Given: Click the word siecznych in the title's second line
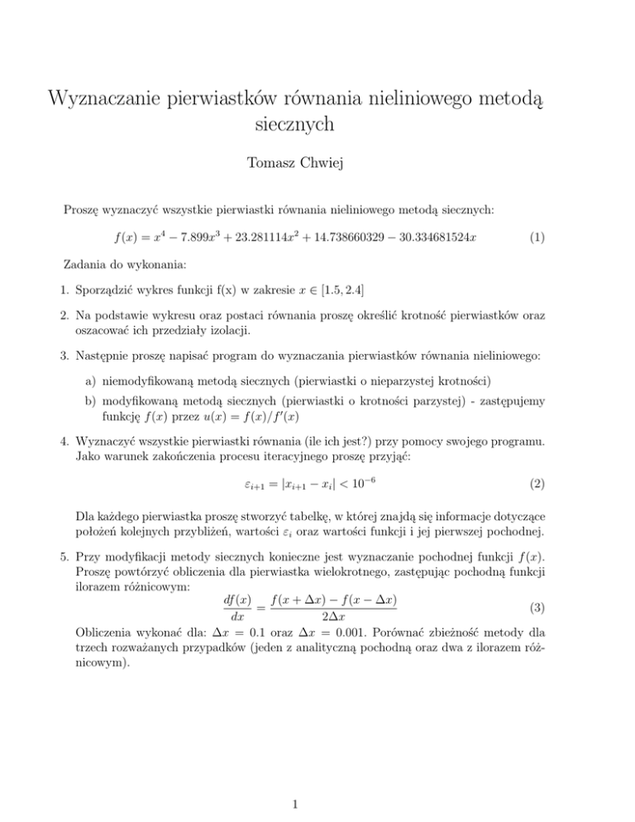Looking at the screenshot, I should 317,126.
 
